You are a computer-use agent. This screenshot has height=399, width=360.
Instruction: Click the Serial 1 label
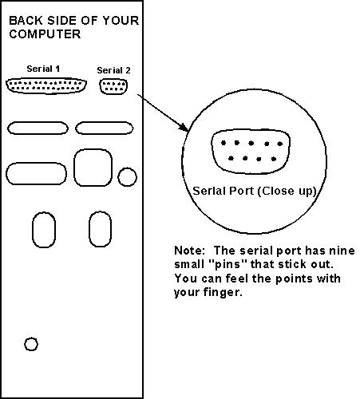click(43, 69)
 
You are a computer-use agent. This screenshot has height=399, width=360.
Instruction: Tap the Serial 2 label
click(113, 70)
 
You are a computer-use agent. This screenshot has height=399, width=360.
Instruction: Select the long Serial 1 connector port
click(46, 85)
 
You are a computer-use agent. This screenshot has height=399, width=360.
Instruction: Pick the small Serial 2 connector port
click(113, 86)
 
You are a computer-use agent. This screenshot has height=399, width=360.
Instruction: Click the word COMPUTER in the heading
click(45, 34)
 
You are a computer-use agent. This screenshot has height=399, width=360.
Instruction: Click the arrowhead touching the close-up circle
click(184, 128)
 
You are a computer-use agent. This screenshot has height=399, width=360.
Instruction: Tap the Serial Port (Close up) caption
click(255, 191)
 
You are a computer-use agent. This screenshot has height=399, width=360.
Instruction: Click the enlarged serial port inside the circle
click(251, 152)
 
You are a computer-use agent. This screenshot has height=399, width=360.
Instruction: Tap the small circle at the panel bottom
click(31, 344)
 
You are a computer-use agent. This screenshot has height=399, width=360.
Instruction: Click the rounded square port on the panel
click(93, 168)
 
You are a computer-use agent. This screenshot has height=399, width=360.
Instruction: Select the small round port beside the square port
click(128, 177)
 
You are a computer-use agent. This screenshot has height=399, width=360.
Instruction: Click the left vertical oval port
click(44, 230)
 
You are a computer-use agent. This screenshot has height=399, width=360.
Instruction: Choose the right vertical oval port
click(101, 229)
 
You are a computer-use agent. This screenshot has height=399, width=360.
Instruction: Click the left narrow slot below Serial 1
click(38, 128)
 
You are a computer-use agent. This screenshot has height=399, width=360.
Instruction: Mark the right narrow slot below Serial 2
click(105, 128)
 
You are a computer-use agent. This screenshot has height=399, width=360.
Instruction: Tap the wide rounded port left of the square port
click(36, 173)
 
